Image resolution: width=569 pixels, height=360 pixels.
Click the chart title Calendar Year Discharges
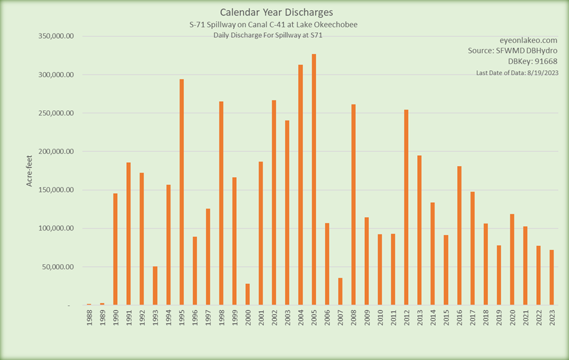(277, 12)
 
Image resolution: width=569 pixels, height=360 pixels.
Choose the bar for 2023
(552, 278)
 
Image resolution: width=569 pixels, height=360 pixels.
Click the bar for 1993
(155, 285)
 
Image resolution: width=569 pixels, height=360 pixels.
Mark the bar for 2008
(353, 204)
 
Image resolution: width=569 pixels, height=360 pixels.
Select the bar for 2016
(459, 236)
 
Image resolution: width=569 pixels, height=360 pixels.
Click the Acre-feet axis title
(30, 171)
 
